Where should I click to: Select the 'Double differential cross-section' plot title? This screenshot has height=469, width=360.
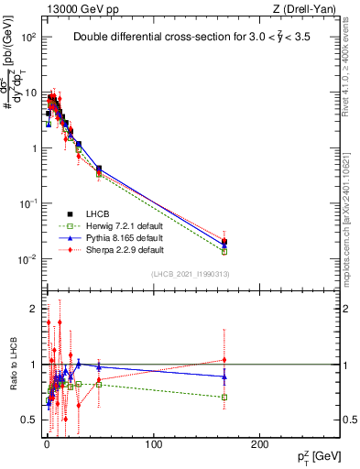point(202,38)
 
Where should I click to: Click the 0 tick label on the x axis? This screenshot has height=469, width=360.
point(47,442)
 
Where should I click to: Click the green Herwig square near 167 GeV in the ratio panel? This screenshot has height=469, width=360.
point(224,398)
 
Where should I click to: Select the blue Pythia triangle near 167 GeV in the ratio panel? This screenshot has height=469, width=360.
point(224,376)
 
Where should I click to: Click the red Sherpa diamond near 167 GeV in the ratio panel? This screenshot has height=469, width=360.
point(224,359)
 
